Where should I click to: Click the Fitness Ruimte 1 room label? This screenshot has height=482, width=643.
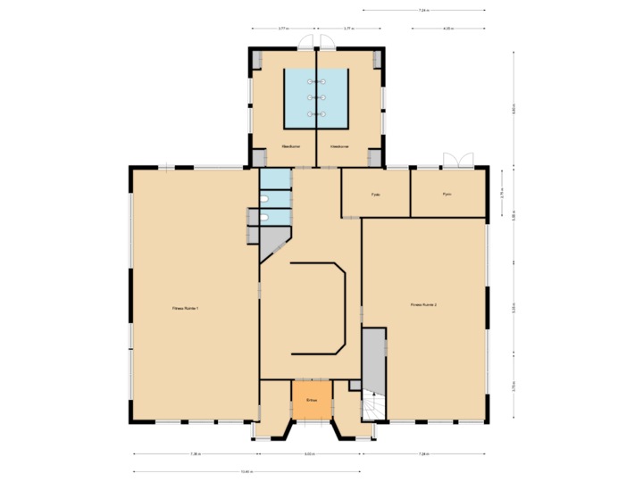[x=186, y=309]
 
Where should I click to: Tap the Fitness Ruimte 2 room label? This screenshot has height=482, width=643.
[x=423, y=305]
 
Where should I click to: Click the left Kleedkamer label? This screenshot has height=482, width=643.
[x=290, y=145]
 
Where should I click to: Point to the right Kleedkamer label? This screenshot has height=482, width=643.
[x=339, y=145]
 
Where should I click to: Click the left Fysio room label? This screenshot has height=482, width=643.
[x=376, y=194]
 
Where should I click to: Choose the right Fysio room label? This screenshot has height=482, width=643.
[x=447, y=194]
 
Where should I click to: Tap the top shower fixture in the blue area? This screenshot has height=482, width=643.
[x=316, y=81]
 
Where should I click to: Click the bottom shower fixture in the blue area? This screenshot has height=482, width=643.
[x=316, y=114]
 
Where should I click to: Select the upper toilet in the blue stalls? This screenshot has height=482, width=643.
[x=264, y=199]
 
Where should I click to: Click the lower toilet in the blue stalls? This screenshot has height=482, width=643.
[x=264, y=218]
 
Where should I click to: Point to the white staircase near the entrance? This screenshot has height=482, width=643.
[x=372, y=407]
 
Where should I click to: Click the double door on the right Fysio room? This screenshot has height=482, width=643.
[x=458, y=161]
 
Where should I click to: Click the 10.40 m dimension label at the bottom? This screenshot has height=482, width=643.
[x=247, y=471]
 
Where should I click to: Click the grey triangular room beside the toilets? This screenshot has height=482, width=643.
[x=273, y=239]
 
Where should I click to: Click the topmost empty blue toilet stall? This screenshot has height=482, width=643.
[x=276, y=179]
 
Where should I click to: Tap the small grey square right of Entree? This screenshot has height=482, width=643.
[x=355, y=386]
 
